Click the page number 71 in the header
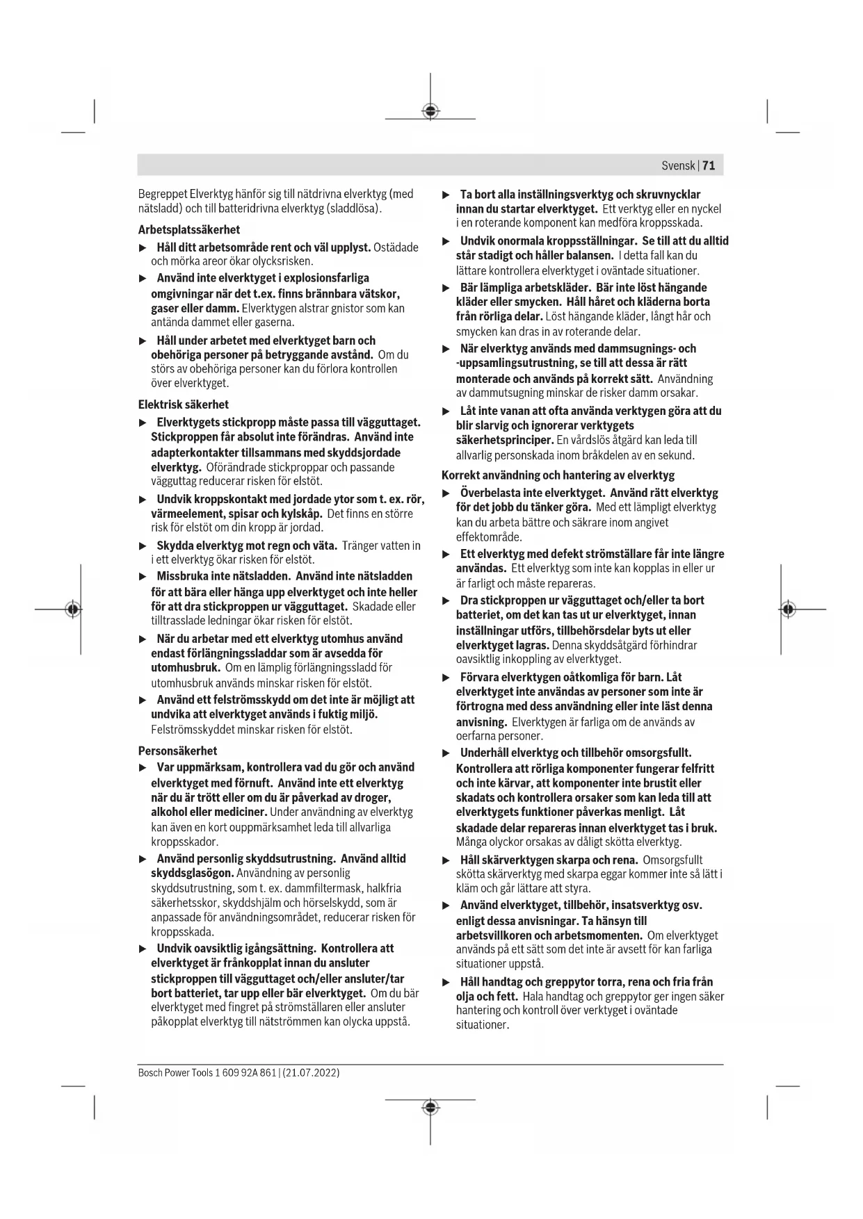[709, 165]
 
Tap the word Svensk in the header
[678, 165]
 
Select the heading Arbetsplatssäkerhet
[189, 229]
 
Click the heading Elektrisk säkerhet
[183, 404]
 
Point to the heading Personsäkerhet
[177, 751]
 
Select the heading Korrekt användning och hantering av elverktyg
[558, 475]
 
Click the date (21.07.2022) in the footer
[311, 1072]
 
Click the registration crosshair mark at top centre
[430, 111]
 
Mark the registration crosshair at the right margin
[787, 609]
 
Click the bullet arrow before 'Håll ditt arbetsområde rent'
[143, 248]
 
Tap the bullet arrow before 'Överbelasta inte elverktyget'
[446, 493]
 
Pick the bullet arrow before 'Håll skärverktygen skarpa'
[446, 860]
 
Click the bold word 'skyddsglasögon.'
[192, 873]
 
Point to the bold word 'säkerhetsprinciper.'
[504, 440]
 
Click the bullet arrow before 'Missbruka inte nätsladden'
[143, 577]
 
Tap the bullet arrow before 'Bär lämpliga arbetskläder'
[446, 288]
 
